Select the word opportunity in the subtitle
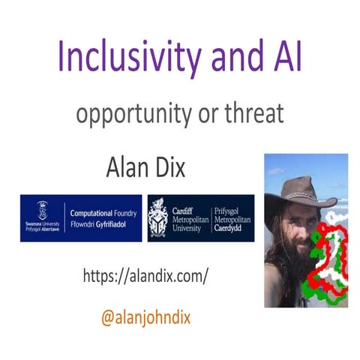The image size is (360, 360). [x=132, y=116]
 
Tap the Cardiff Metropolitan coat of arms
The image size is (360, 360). [x=158, y=217]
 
